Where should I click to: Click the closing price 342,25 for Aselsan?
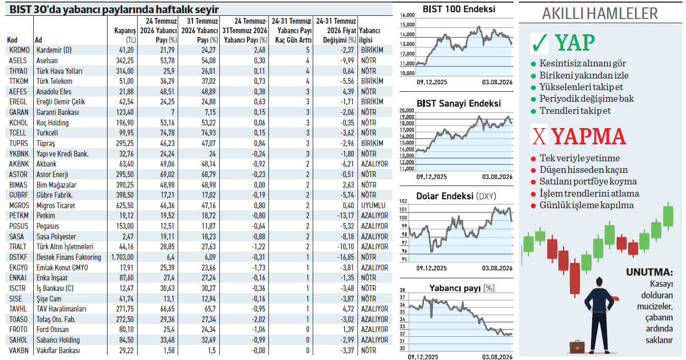pyautogui.click(x=124, y=61)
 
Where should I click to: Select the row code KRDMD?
pyautogui.click(x=20, y=50)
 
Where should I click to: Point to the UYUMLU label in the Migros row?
pyautogui.click(x=373, y=206)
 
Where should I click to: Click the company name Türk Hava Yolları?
pyautogui.click(x=60, y=71)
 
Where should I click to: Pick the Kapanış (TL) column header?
pyautogui.click(x=124, y=35)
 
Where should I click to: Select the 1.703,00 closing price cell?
pyautogui.click(x=122, y=257)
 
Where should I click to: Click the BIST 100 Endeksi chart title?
pyautogui.click(x=459, y=9)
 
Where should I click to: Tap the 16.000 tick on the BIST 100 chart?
pyautogui.click(x=407, y=15)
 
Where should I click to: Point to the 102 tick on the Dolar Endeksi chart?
pyautogui.click(x=403, y=201)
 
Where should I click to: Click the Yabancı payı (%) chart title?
pyautogui.click(x=462, y=288)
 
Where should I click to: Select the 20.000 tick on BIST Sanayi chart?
pyautogui.click(x=407, y=110)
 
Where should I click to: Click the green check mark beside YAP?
pyautogui.click(x=540, y=43)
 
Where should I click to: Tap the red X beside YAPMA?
pyautogui.click(x=539, y=136)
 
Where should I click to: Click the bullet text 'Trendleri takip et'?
pyautogui.click(x=575, y=111)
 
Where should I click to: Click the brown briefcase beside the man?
pyautogui.click(x=577, y=347)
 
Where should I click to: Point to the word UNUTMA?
pyautogui.click(x=649, y=272)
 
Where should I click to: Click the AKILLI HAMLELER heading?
pyautogui.click(x=600, y=14)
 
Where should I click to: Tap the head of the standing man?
pyautogui.click(x=600, y=282)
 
